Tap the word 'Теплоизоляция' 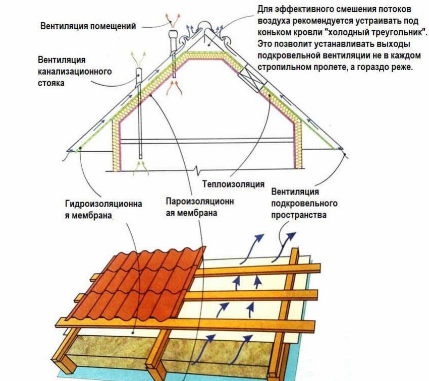pos(233,184)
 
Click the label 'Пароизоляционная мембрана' pos(200,207)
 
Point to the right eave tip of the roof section pos(345,150)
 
